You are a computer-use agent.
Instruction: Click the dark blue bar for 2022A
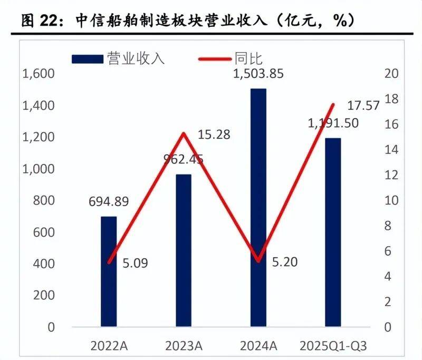(109, 271)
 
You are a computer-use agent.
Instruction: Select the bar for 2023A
(183, 250)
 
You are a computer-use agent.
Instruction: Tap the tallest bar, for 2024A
(258, 208)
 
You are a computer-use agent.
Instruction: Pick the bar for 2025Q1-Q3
(333, 232)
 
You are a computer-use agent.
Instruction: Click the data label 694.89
(108, 201)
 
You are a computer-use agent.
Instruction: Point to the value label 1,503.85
(258, 73)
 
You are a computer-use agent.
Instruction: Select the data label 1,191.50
(333, 123)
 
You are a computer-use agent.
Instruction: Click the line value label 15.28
(214, 134)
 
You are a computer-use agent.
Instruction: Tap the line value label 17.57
(363, 105)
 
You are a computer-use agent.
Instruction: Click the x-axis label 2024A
(258, 346)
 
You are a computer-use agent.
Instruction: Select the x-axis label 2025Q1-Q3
(333, 346)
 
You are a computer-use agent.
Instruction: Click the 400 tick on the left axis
(44, 264)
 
